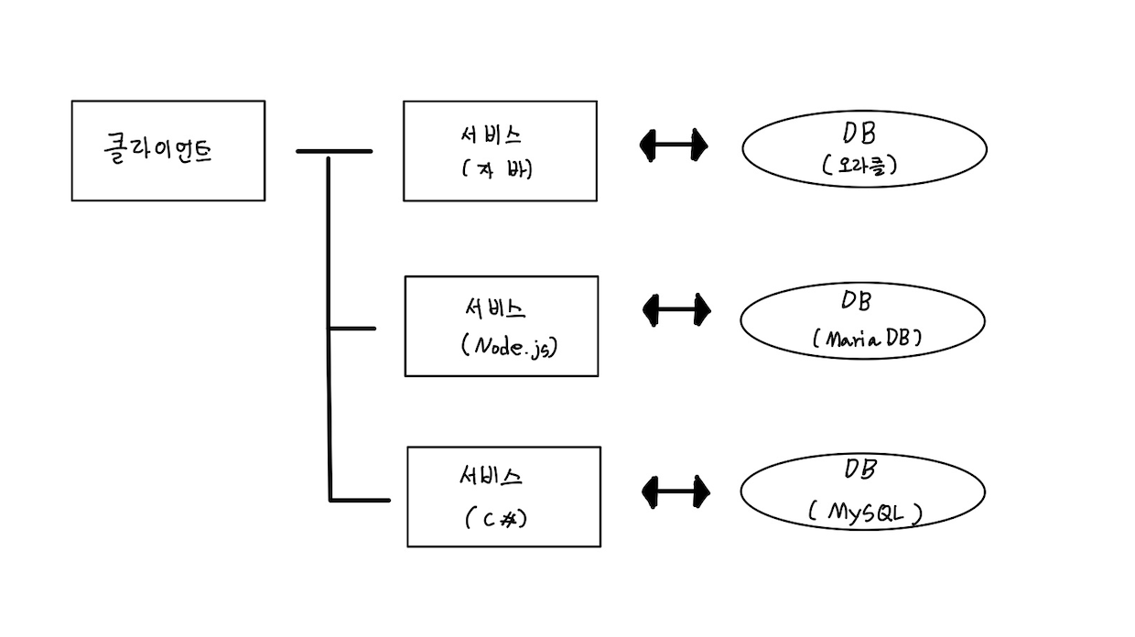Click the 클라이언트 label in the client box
click(x=157, y=149)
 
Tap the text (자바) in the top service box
click(x=496, y=169)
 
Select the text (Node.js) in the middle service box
click(x=509, y=347)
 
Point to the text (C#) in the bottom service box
click(x=496, y=518)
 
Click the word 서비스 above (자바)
click(x=491, y=135)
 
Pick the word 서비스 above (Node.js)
click(x=495, y=308)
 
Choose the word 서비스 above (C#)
click(x=491, y=476)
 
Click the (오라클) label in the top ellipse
click(x=859, y=165)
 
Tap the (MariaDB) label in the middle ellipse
click(x=867, y=338)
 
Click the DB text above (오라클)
click(x=859, y=134)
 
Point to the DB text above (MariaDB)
click(x=857, y=300)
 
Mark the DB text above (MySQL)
click(x=859, y=469)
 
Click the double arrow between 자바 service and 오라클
click(x=674, y=146)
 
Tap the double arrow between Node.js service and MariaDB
click(x=676, y=309)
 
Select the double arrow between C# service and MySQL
click(x=676, y=492)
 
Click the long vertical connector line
click(x=330, y=329)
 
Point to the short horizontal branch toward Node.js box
click(x=352, y=329)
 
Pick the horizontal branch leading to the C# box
click(x=361, y=501)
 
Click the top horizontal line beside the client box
click(x=334, y=151)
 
